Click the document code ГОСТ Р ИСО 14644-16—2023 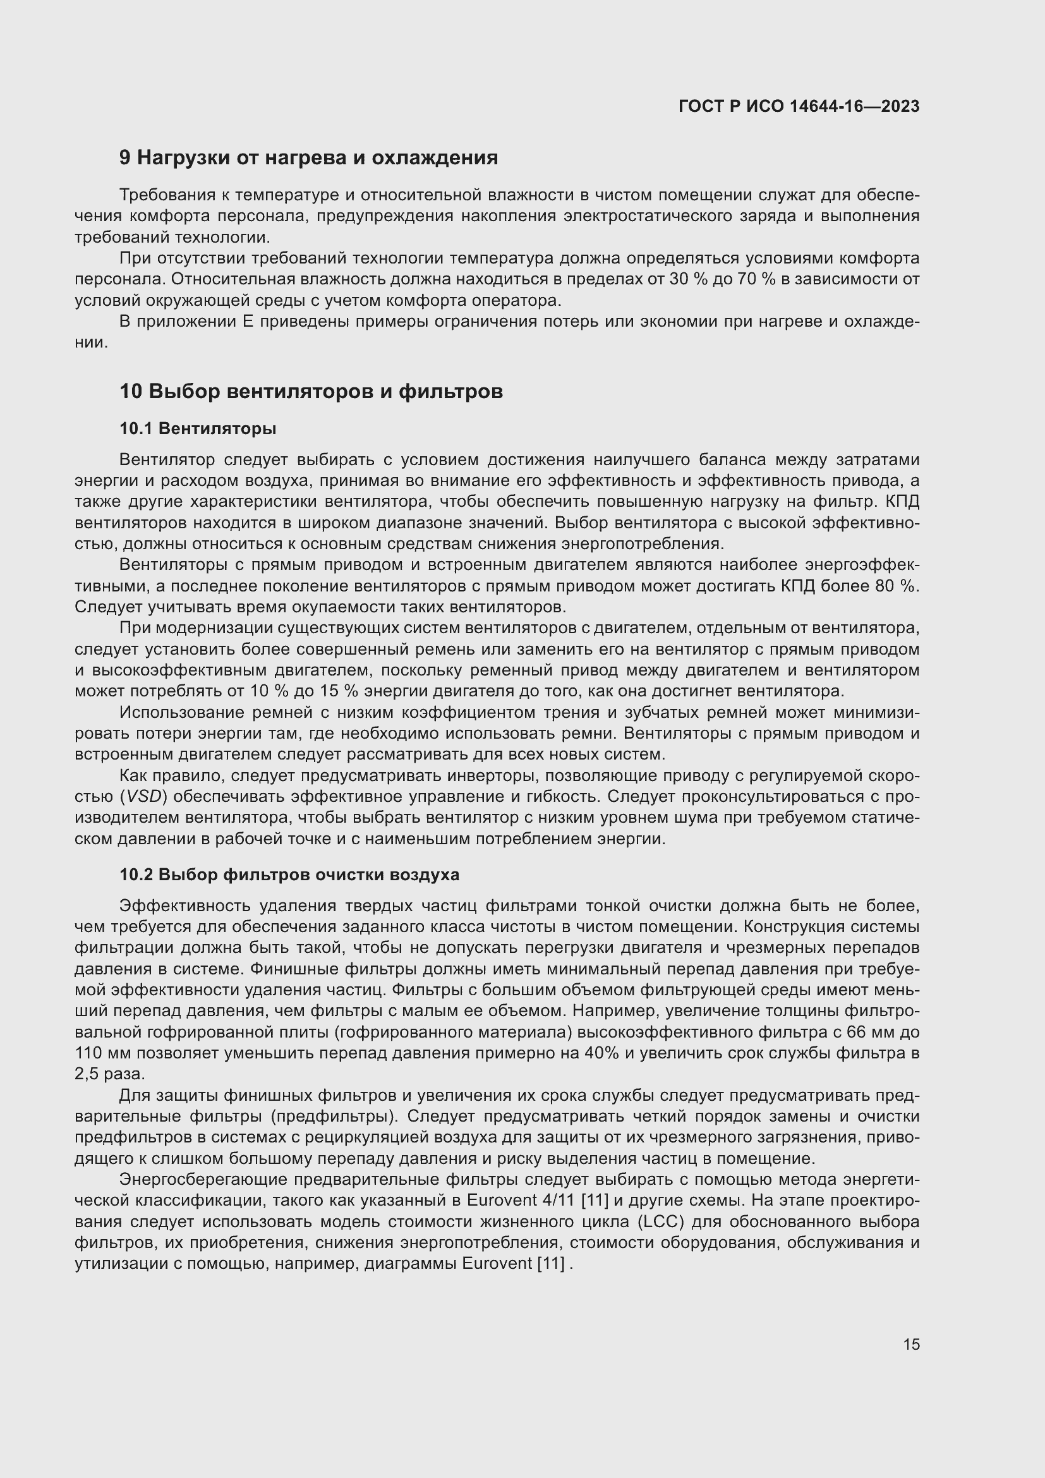coord(799,106)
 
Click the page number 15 coord(911,1344)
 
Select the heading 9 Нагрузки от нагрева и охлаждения coord(308,157)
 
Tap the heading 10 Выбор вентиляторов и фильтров coord(311,391)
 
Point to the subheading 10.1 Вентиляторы coord(198,428)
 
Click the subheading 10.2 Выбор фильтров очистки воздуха coord(289,874)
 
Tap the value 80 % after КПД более coord(895,586)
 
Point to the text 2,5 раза coord(109,1074)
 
